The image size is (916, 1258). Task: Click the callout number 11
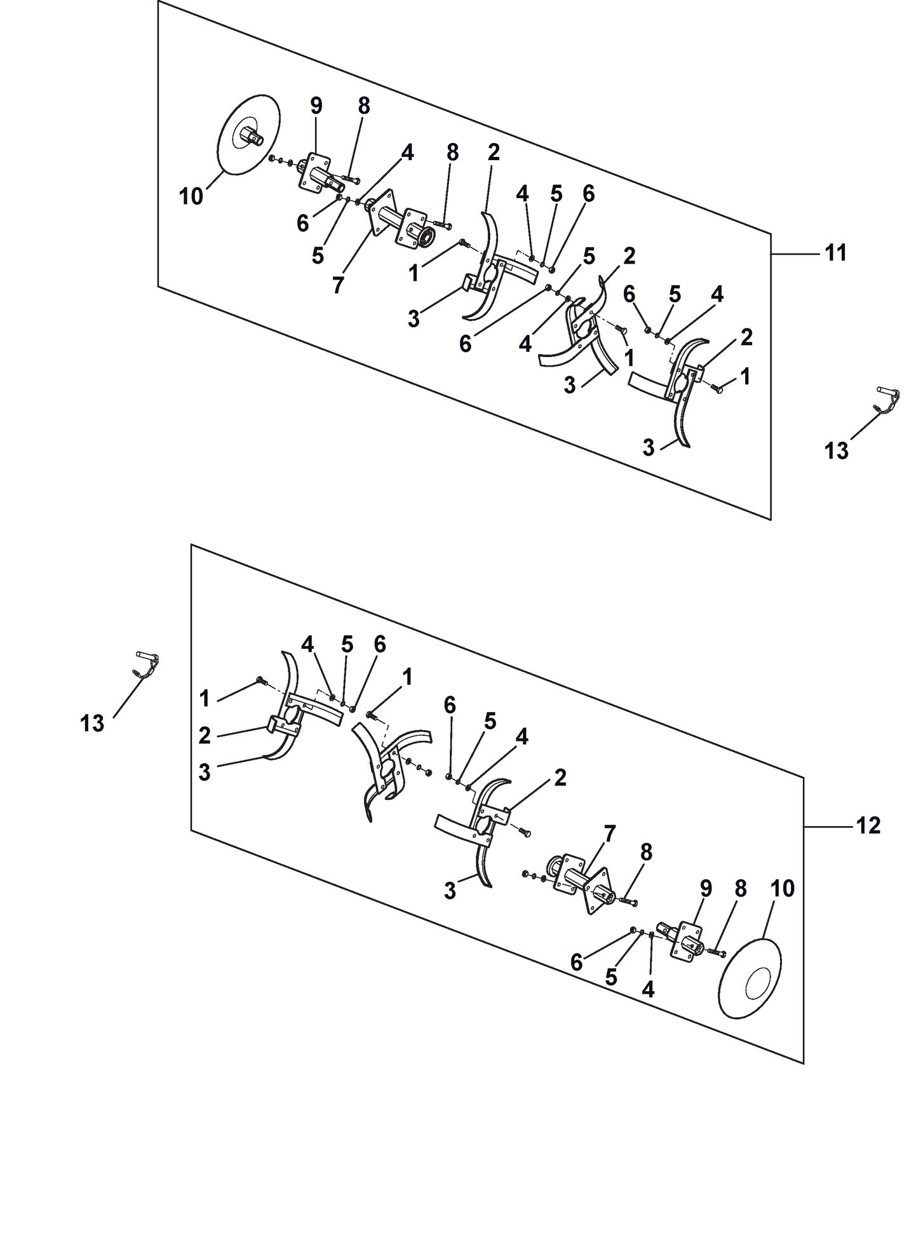(x=835, y=253)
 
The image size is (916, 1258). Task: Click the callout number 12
(x=869, y=826)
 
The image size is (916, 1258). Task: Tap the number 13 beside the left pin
(x=92, y=722)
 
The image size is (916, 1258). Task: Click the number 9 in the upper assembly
(x=316, y=106)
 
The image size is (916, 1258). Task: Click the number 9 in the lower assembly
(x=706, y=889)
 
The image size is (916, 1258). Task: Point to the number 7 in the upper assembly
(x=337, y=286)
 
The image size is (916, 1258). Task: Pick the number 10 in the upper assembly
(x=191, y=196)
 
